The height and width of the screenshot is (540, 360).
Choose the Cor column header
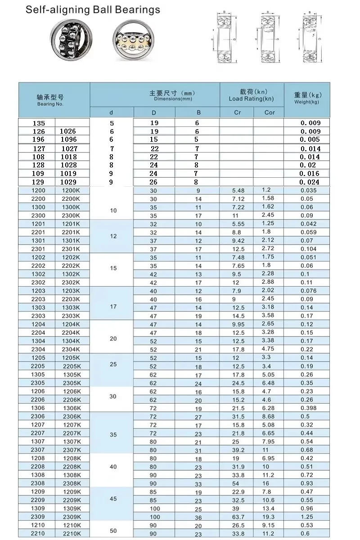tap(269, 112)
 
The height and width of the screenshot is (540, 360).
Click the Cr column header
tap(237, 112)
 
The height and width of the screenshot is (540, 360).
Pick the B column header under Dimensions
tap(198, 112)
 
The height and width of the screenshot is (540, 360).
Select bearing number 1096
tap(68, 139)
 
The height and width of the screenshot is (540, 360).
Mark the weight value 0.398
tap(308, 408)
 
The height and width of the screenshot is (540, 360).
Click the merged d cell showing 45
tap(113, 499)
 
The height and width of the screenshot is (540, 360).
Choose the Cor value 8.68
tap(268, 416)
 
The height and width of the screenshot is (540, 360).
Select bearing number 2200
tap(38, 198)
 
